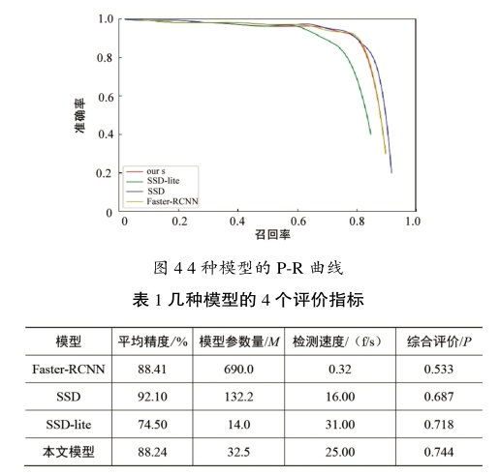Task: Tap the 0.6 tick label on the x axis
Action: pos(297,222)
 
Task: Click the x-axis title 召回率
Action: pos(272,234)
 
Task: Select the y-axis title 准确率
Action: pos(79,115)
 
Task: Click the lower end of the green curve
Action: pos(370,134)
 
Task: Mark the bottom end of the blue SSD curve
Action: pos(391,172)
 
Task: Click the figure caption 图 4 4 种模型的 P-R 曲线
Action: pos(248,268)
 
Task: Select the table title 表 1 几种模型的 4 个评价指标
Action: pos(248,300)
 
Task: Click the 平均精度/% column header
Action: pos(152,341)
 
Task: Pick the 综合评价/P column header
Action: pos(439,341)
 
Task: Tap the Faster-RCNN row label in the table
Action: pos(69,370)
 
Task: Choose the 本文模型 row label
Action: pos(69,452)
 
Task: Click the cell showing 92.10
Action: pos(152,397)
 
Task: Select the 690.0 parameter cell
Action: pos(238,370)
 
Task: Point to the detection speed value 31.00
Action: pos(340,425)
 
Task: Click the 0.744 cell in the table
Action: pos(439,452)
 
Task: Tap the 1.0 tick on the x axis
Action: pos(413,222)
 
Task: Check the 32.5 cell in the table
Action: pos(238,452)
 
